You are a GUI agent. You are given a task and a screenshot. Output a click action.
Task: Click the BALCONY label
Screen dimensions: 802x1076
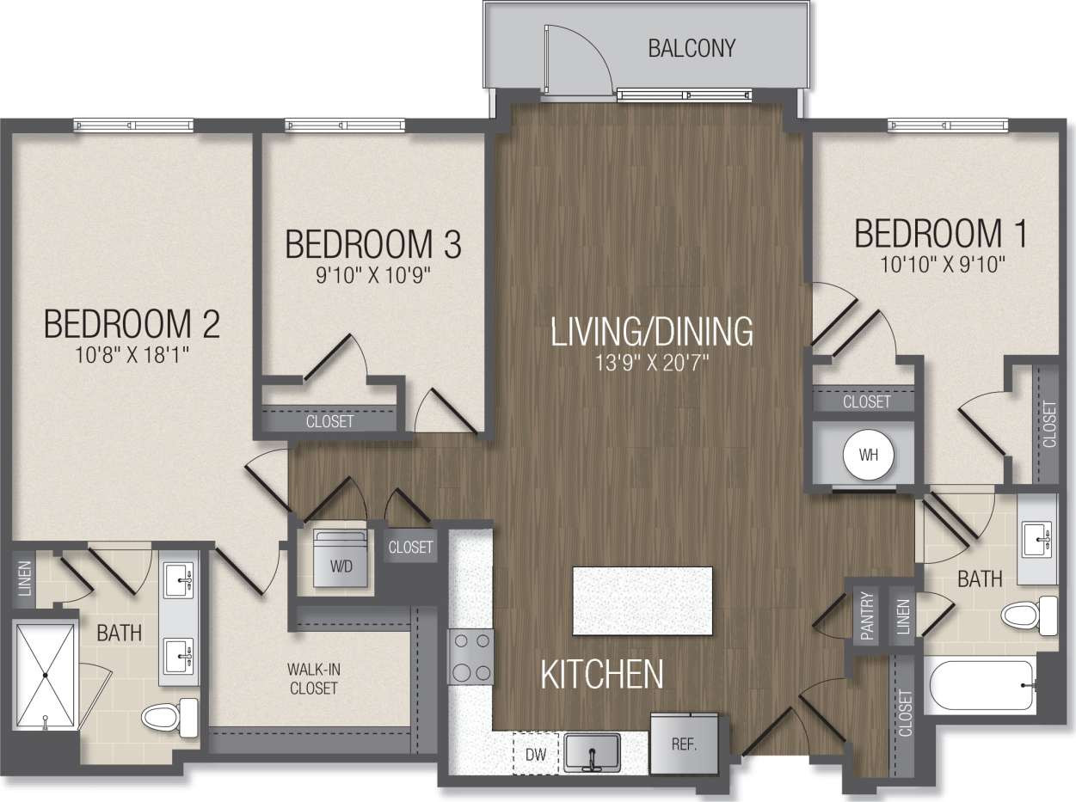692,47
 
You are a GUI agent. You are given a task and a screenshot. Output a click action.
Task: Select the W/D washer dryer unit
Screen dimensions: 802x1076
341,560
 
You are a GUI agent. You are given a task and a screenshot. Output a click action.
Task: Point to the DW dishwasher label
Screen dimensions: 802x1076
535,755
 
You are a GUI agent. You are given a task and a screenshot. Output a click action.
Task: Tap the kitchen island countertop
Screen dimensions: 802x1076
642,602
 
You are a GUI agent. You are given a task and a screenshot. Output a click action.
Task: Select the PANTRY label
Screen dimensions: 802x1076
866,616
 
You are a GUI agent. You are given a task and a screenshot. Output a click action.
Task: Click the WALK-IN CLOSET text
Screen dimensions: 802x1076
313,678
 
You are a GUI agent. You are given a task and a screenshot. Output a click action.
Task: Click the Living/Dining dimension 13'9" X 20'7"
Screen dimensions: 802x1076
651,362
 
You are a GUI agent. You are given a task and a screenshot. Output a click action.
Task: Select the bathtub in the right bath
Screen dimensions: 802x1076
981,685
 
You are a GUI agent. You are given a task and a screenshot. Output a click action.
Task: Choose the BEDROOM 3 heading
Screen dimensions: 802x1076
372,244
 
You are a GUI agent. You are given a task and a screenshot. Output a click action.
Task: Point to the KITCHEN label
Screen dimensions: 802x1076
602,675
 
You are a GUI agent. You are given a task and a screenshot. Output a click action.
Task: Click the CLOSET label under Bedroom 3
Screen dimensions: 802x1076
330,422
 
